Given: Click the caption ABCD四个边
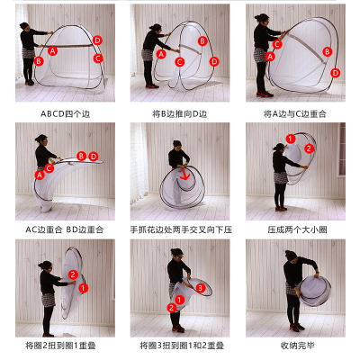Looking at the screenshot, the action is click(x=66, y=114).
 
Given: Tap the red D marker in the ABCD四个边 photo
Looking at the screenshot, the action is click(x=97, y=40).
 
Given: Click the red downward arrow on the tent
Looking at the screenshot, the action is click(x=184, y=175).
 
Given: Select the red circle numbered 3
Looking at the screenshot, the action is click(x=201, y=288).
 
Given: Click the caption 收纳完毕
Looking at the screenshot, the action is click(x=297, y=346).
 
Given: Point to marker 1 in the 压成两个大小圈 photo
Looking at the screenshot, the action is click(x=291, y=139).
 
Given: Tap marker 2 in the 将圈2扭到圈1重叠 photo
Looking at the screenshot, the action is click(x=73, y=274).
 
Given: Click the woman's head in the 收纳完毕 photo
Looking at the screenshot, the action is click(x=291, y=256).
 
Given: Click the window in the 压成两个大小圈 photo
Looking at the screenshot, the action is click(x=341, y=150).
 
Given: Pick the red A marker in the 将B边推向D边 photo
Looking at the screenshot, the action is click(x=161, y=54).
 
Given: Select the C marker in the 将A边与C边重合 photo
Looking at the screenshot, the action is click(x=277, y=44).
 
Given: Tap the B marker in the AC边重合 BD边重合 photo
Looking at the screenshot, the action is click(x=81, y=156).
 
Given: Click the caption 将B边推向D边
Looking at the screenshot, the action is click(x=180, y=114).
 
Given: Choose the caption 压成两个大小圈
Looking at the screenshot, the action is click(x=297, y=229).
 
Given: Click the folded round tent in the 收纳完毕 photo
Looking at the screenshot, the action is click(x=315, y=291).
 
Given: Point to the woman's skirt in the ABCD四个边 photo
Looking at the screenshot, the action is click(x=28, y=53).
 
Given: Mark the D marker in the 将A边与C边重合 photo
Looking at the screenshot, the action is click(x=335, y=73).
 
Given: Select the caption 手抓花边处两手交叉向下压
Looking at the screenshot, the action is click(x=181, y=229).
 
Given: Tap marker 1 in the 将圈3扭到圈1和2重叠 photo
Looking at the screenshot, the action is click(x=179, y=300).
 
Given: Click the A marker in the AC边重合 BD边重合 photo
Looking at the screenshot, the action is click(x=40, y=175).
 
